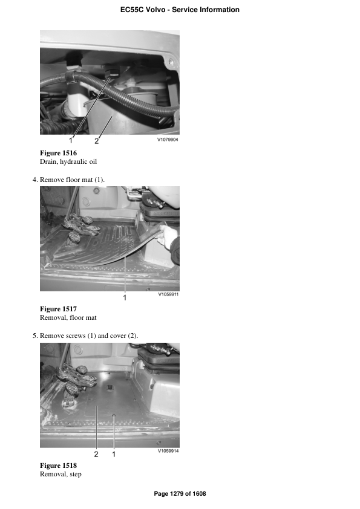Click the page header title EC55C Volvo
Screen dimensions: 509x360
coord(180,10)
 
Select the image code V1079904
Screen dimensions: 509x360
coord(168,139)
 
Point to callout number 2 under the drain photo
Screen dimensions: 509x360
coord(97,141)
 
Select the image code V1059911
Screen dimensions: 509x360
coord(168,295)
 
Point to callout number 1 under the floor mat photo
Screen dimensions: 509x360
coord(125,297)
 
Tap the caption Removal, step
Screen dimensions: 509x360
coord(61,475)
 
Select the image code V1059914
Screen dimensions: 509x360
coord(168,451)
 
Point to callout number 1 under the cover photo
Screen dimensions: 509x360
coord(114,453)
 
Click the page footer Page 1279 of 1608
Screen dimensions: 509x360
coord(180,494)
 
